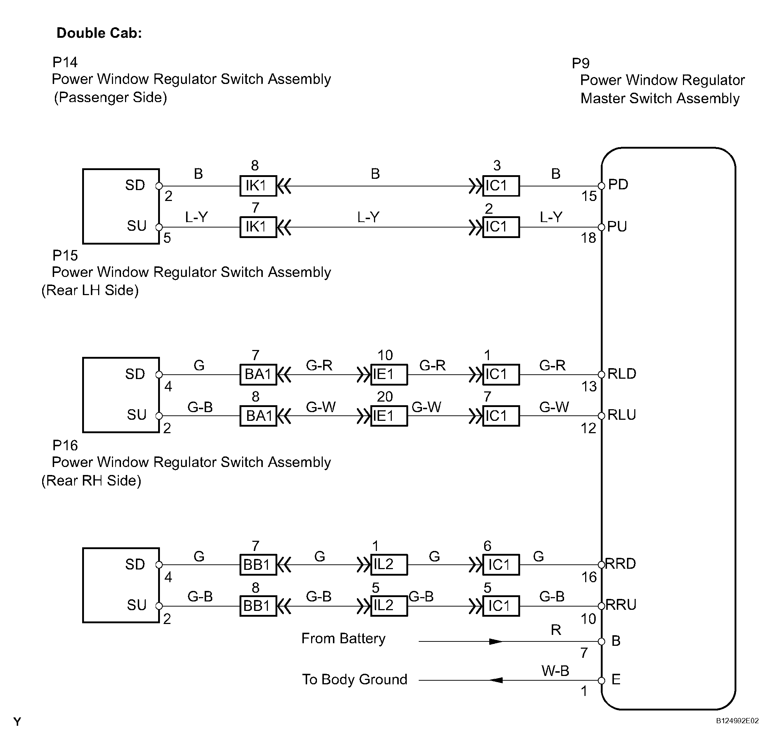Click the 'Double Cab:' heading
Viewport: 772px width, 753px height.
tap(99, 33)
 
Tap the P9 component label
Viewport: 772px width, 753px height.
tap(580, 63)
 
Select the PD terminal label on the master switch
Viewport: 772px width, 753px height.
tap(618, 184)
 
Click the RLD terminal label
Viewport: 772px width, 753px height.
tap(622, 374)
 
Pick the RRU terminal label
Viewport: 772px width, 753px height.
tap(621, 605)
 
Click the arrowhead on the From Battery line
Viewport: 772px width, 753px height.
tap(496, 641)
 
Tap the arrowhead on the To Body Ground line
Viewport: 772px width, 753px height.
tap(496, 680)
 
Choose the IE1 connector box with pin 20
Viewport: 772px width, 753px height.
tap(389, 416)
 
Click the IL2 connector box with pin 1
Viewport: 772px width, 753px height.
tap(389, 564)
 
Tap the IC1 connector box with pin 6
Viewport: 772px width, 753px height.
tap(501, 564)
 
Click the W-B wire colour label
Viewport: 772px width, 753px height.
tap(555, 671)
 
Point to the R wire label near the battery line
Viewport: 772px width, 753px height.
tap(556, 629)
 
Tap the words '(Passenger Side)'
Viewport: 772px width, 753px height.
tap(110, 98)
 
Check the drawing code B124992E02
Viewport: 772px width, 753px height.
tap(737, 721)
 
